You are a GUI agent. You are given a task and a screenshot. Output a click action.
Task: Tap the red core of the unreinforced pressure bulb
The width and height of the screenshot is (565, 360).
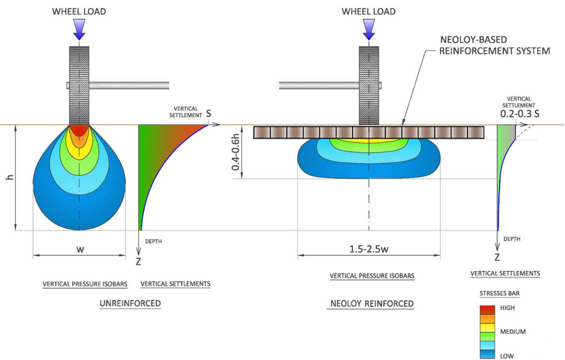(x=79, y=131)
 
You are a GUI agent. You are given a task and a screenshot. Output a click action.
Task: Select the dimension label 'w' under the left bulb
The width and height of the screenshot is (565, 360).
(x=80, y=250)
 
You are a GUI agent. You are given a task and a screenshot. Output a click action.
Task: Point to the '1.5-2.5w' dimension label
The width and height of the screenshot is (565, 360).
(x=369, y=249)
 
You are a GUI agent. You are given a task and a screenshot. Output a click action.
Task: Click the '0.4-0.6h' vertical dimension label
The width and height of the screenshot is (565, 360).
(x=235, y=152)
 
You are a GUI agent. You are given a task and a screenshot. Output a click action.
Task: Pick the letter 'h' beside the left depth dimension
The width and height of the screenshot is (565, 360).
(x=10, y=177)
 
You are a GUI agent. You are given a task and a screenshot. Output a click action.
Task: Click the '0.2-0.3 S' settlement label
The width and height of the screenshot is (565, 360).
(x=520, y=114)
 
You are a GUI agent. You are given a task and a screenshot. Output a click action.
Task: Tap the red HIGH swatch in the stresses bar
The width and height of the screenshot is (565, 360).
(x=487, y=310)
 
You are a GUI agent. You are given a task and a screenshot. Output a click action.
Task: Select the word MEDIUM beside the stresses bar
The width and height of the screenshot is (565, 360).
(x=513, y=332)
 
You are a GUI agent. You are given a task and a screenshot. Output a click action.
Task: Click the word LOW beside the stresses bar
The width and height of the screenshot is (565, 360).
(x=507, y=356)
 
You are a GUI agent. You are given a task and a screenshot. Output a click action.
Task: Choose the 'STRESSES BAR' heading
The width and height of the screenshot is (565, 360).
(x=500, y=293)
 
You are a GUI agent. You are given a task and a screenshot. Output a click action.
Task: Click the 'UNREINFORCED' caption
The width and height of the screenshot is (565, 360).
(x=130, y=303)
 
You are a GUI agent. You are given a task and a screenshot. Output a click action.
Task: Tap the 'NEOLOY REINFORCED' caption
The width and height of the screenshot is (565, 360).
(x=372, y=304)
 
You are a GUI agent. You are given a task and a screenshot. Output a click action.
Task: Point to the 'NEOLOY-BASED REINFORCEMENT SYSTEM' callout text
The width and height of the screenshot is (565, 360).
(x=495, y=46)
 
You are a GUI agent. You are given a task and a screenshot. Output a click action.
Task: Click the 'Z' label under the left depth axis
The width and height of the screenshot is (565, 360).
(x=138, y=262)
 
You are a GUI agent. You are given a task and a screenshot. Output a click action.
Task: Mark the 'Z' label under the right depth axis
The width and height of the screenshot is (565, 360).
(x=497, y=258)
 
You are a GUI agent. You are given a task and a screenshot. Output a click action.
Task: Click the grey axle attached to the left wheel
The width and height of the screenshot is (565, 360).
(x=129, y=85)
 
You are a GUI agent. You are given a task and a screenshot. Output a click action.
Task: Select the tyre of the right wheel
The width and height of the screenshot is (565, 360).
(x=369, y=86)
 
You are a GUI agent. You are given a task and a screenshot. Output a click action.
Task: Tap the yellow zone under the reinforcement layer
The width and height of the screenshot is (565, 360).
(x=369, y=140)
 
